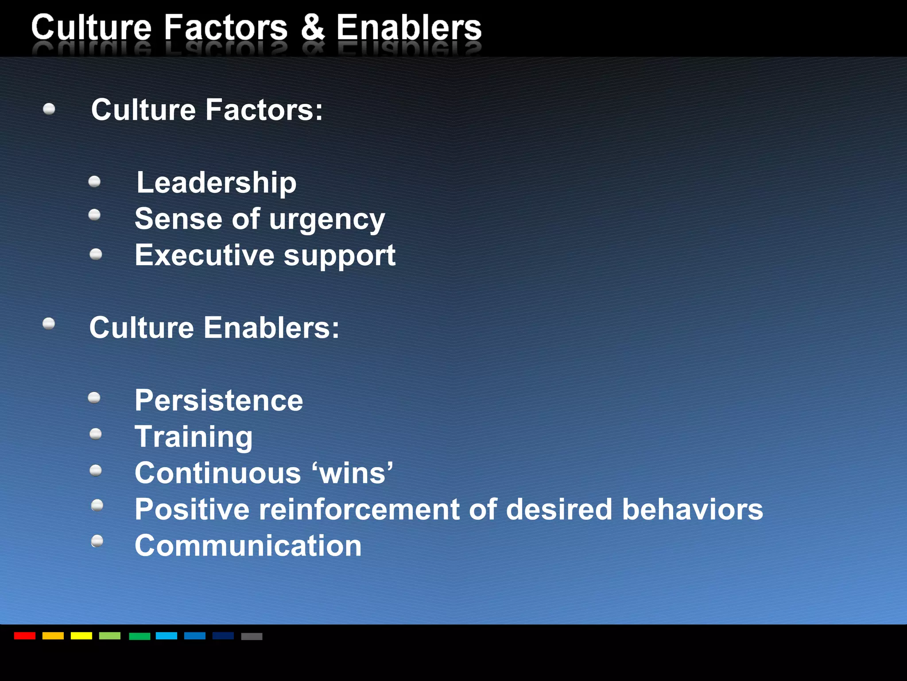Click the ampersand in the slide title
click(313, 27)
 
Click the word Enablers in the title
click(408, 27)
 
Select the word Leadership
click(216, 183)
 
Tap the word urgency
click(327, 220)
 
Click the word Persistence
click(219, 400)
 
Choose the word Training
click(194, 437)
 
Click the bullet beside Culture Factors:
click(49, 109)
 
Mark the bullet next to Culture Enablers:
click(49, 324)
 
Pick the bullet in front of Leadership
click(94, 181)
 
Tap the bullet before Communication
click(97, 541)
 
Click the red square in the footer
click(25, 636)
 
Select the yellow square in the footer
click(81, 636)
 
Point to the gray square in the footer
click(252, 636)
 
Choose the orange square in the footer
click(53, 636)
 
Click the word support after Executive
click(339, 256)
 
